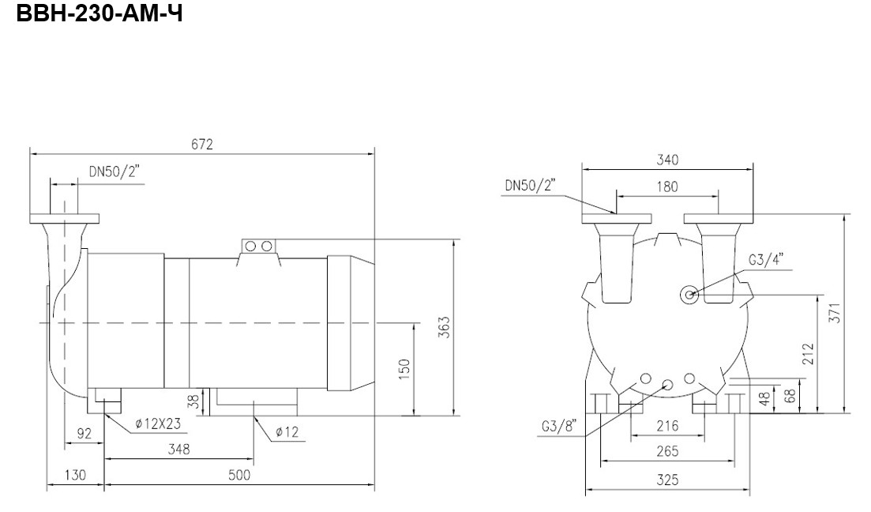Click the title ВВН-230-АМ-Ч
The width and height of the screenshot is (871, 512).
99,13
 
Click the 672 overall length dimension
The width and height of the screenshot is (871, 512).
202,144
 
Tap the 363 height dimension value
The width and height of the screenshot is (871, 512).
443,327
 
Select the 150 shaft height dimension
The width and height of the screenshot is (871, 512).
404,369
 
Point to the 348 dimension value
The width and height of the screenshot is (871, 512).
179,449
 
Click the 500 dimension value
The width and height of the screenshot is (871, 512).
239,475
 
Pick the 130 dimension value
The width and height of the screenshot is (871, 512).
75,475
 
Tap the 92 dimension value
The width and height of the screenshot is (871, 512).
84,433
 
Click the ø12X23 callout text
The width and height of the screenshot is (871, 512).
158,424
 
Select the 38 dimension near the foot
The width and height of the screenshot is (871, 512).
193,401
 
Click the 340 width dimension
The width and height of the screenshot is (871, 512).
667,160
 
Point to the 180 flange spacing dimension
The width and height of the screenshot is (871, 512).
667,186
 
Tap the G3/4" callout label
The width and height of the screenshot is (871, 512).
766,260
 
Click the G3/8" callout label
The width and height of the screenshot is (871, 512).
559,427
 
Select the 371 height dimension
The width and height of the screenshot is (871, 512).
835,312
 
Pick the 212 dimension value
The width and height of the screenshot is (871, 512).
808,353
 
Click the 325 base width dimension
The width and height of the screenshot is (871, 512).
667,479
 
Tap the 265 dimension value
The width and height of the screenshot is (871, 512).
667,451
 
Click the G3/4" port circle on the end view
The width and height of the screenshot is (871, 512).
690,296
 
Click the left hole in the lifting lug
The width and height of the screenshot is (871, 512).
250,246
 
